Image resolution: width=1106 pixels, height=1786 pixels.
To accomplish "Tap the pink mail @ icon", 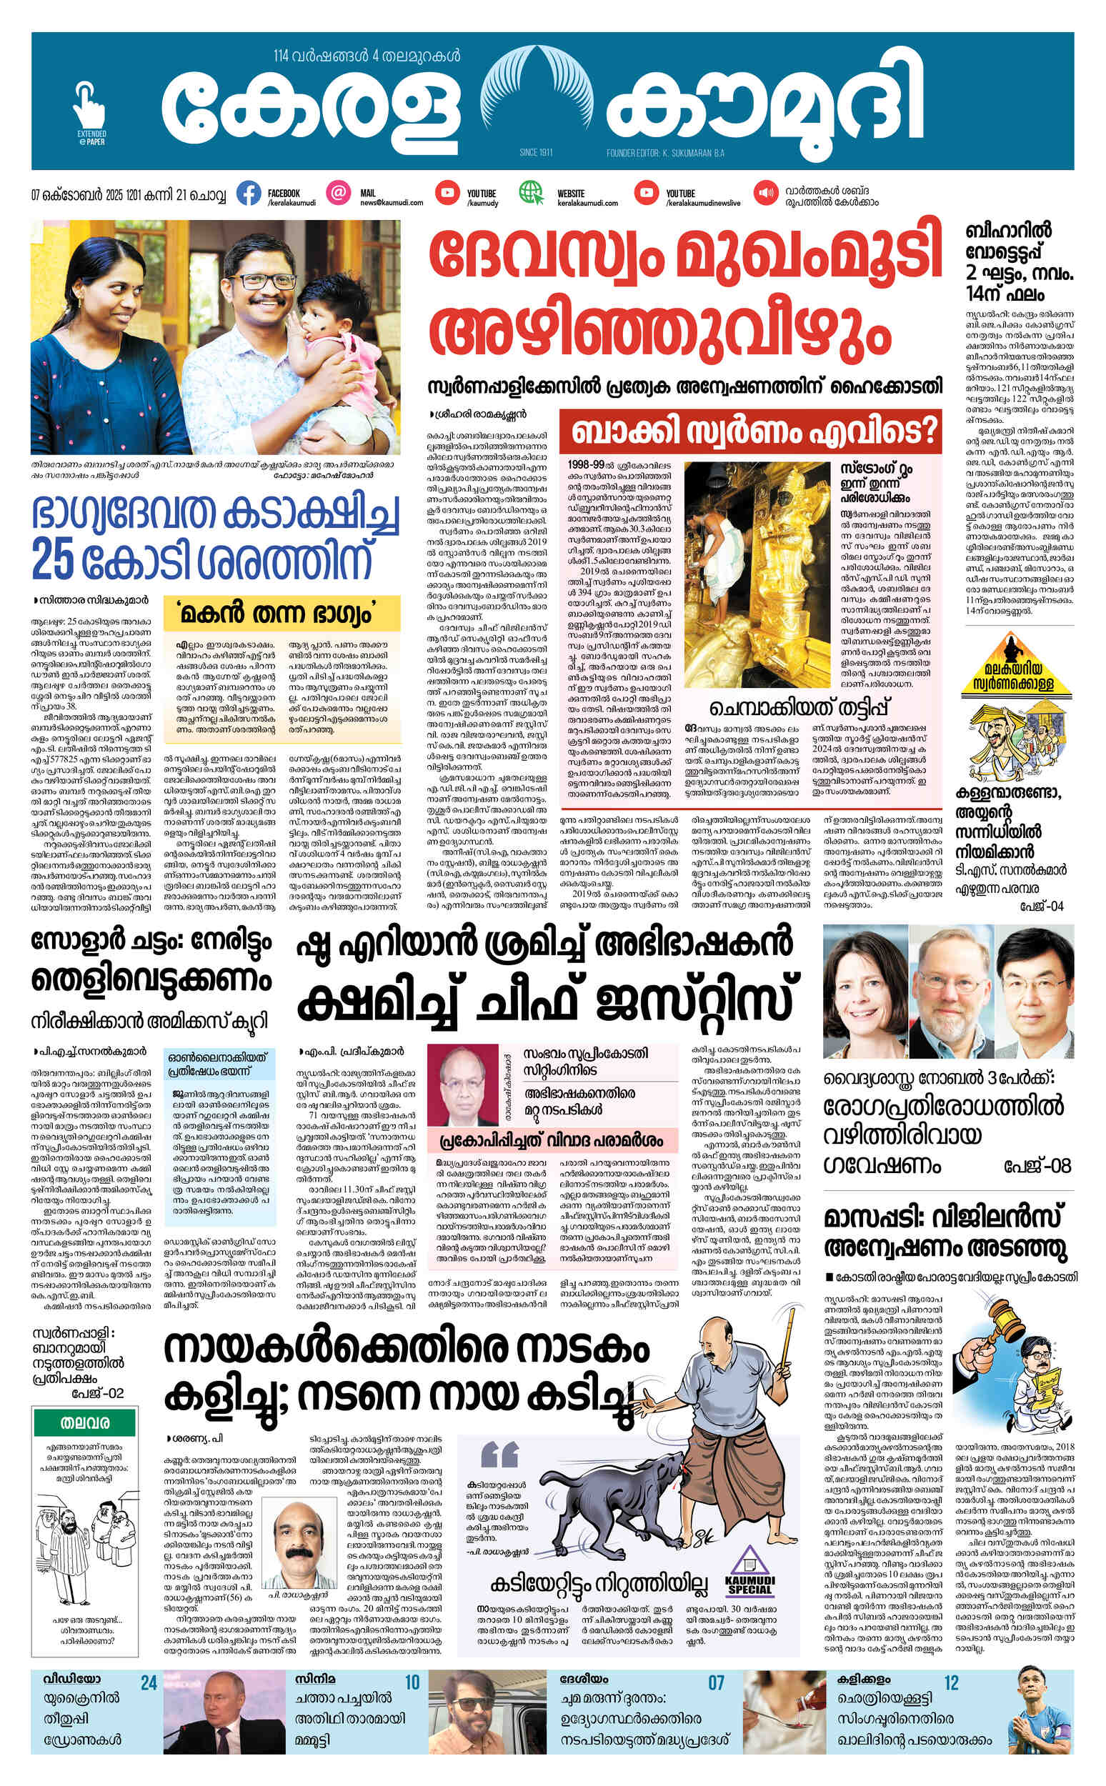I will (x=338, y=193).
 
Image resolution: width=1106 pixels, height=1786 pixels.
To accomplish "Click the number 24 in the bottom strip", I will (x=149, y=1684).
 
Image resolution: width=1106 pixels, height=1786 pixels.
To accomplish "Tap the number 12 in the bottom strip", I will (x=951, y=1684).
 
